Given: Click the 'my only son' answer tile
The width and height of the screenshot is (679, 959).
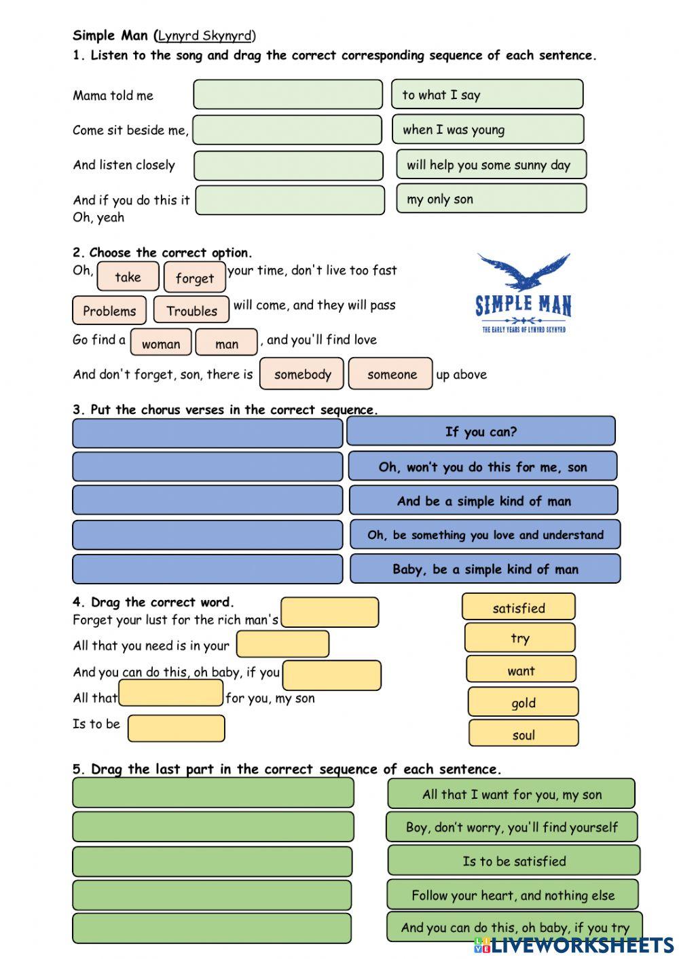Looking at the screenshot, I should (x=491, y=199).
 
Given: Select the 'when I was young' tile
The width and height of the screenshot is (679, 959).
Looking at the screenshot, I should (x=488, y=129).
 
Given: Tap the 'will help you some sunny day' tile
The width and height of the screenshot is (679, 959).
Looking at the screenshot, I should (x=491, y=164).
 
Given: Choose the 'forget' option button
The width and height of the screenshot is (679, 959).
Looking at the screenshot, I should (x=194, y=278).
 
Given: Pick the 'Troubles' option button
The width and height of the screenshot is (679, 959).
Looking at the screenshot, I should (x=191, y=310).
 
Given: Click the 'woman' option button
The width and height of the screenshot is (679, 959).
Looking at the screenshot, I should (x=161, y=343).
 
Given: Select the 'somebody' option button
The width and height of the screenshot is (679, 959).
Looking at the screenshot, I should (x=302, y=374).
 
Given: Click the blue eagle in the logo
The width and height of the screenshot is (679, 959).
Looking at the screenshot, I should (x=523, y=272).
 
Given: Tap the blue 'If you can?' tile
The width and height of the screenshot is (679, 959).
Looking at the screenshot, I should (x=481, y=432).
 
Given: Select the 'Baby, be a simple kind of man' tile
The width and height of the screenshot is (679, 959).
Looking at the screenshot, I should (x=485, y=569).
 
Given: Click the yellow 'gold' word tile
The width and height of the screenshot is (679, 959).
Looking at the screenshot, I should (x=523, y=702).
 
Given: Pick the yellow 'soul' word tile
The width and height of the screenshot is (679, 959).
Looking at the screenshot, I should (x=523, y=734).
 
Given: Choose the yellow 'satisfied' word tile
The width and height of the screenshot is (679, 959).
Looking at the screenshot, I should (x=518, y=607).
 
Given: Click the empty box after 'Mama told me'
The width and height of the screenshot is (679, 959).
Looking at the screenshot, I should (x=288, y=94).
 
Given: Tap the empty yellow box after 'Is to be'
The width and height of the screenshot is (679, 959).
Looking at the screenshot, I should (x=176, y=728).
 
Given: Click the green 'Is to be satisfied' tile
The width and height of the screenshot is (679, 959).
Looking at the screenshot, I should (x=513, y=861).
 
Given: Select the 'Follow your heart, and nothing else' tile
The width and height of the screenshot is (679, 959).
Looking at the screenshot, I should (x=513, y=895).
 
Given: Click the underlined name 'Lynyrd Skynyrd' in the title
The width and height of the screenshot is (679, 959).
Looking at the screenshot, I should (x=204, y=36).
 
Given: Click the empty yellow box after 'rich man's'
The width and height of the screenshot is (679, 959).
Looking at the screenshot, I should (x=330, y=612).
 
